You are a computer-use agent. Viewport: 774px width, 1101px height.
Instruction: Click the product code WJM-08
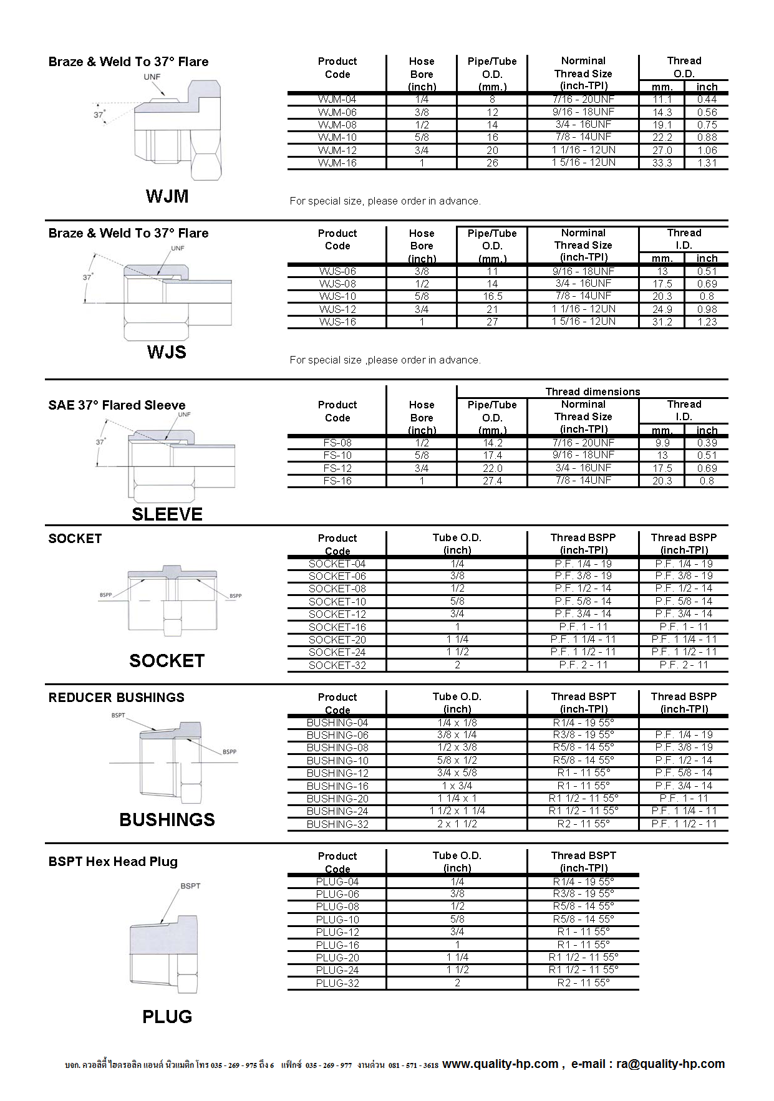click(337, 125)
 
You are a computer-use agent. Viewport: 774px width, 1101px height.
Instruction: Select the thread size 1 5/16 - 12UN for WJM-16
click(583, 163)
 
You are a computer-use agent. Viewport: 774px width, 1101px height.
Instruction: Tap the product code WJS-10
click(337, 297)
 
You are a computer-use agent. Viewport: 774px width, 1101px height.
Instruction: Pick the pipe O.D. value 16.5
click(492, 297)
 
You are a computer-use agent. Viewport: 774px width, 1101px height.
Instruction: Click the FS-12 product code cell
click(337, 468)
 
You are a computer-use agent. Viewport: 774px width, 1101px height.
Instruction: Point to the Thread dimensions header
click(593, 392)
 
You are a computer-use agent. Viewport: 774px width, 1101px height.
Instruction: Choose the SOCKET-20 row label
click(337, 640)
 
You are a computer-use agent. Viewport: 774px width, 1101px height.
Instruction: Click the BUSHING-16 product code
click(337, 786)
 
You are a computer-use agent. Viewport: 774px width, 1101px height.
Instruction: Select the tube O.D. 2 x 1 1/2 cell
click(457, 824)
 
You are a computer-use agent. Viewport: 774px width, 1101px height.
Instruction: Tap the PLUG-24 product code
click(337, 970)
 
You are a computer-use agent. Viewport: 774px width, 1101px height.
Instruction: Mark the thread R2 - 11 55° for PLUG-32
click(583, 983)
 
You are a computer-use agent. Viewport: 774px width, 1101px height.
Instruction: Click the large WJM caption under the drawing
click(167, 196)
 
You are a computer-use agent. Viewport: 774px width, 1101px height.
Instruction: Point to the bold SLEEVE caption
click(167, 514)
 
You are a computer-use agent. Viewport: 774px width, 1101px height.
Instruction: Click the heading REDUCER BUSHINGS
click(117, 698)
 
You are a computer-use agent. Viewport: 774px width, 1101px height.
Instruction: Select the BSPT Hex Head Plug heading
click(113, 862)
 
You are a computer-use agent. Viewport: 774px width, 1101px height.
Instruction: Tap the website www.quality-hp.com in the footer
click(500, 1064)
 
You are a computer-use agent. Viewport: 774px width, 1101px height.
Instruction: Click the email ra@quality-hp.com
click(670, 1064)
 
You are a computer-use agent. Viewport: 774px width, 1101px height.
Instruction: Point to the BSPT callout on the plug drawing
click(190, 886)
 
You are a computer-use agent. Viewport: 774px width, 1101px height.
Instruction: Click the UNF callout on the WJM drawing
click(152, 77)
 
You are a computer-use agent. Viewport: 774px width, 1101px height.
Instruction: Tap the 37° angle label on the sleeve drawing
click(100, 442)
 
